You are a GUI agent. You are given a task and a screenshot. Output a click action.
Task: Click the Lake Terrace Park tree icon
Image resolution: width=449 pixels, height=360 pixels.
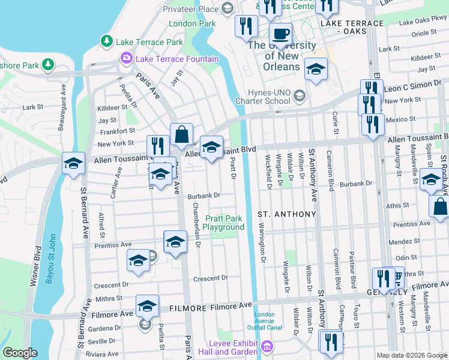[x=107, y=41]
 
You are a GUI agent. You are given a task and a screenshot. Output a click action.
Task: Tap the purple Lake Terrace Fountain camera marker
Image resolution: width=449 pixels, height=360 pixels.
[x=127, y=58]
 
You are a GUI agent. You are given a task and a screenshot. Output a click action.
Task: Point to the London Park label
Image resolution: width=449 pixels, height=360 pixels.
[x=192, y=24]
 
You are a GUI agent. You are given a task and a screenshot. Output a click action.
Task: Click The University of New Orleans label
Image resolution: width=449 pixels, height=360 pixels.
[x=282, y=56]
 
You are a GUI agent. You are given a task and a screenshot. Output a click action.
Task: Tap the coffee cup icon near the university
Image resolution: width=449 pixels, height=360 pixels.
[x=280, y=34]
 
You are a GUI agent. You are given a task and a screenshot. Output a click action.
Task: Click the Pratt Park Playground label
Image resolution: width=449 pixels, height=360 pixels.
[x=223, y=223]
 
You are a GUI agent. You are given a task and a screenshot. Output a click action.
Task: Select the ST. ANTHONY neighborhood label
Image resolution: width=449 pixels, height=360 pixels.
[x=286, y=214]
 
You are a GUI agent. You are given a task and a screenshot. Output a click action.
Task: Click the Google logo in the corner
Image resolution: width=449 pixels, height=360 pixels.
[x=20, y=353]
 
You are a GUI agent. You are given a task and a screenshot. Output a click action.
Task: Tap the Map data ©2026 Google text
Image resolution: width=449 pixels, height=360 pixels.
[x=411, y=355]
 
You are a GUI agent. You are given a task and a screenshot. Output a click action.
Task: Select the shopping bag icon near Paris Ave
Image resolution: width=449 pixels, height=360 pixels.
[x=181, y=135]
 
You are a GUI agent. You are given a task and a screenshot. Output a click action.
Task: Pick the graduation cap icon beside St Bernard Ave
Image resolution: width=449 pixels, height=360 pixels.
[x=73, y=163]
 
